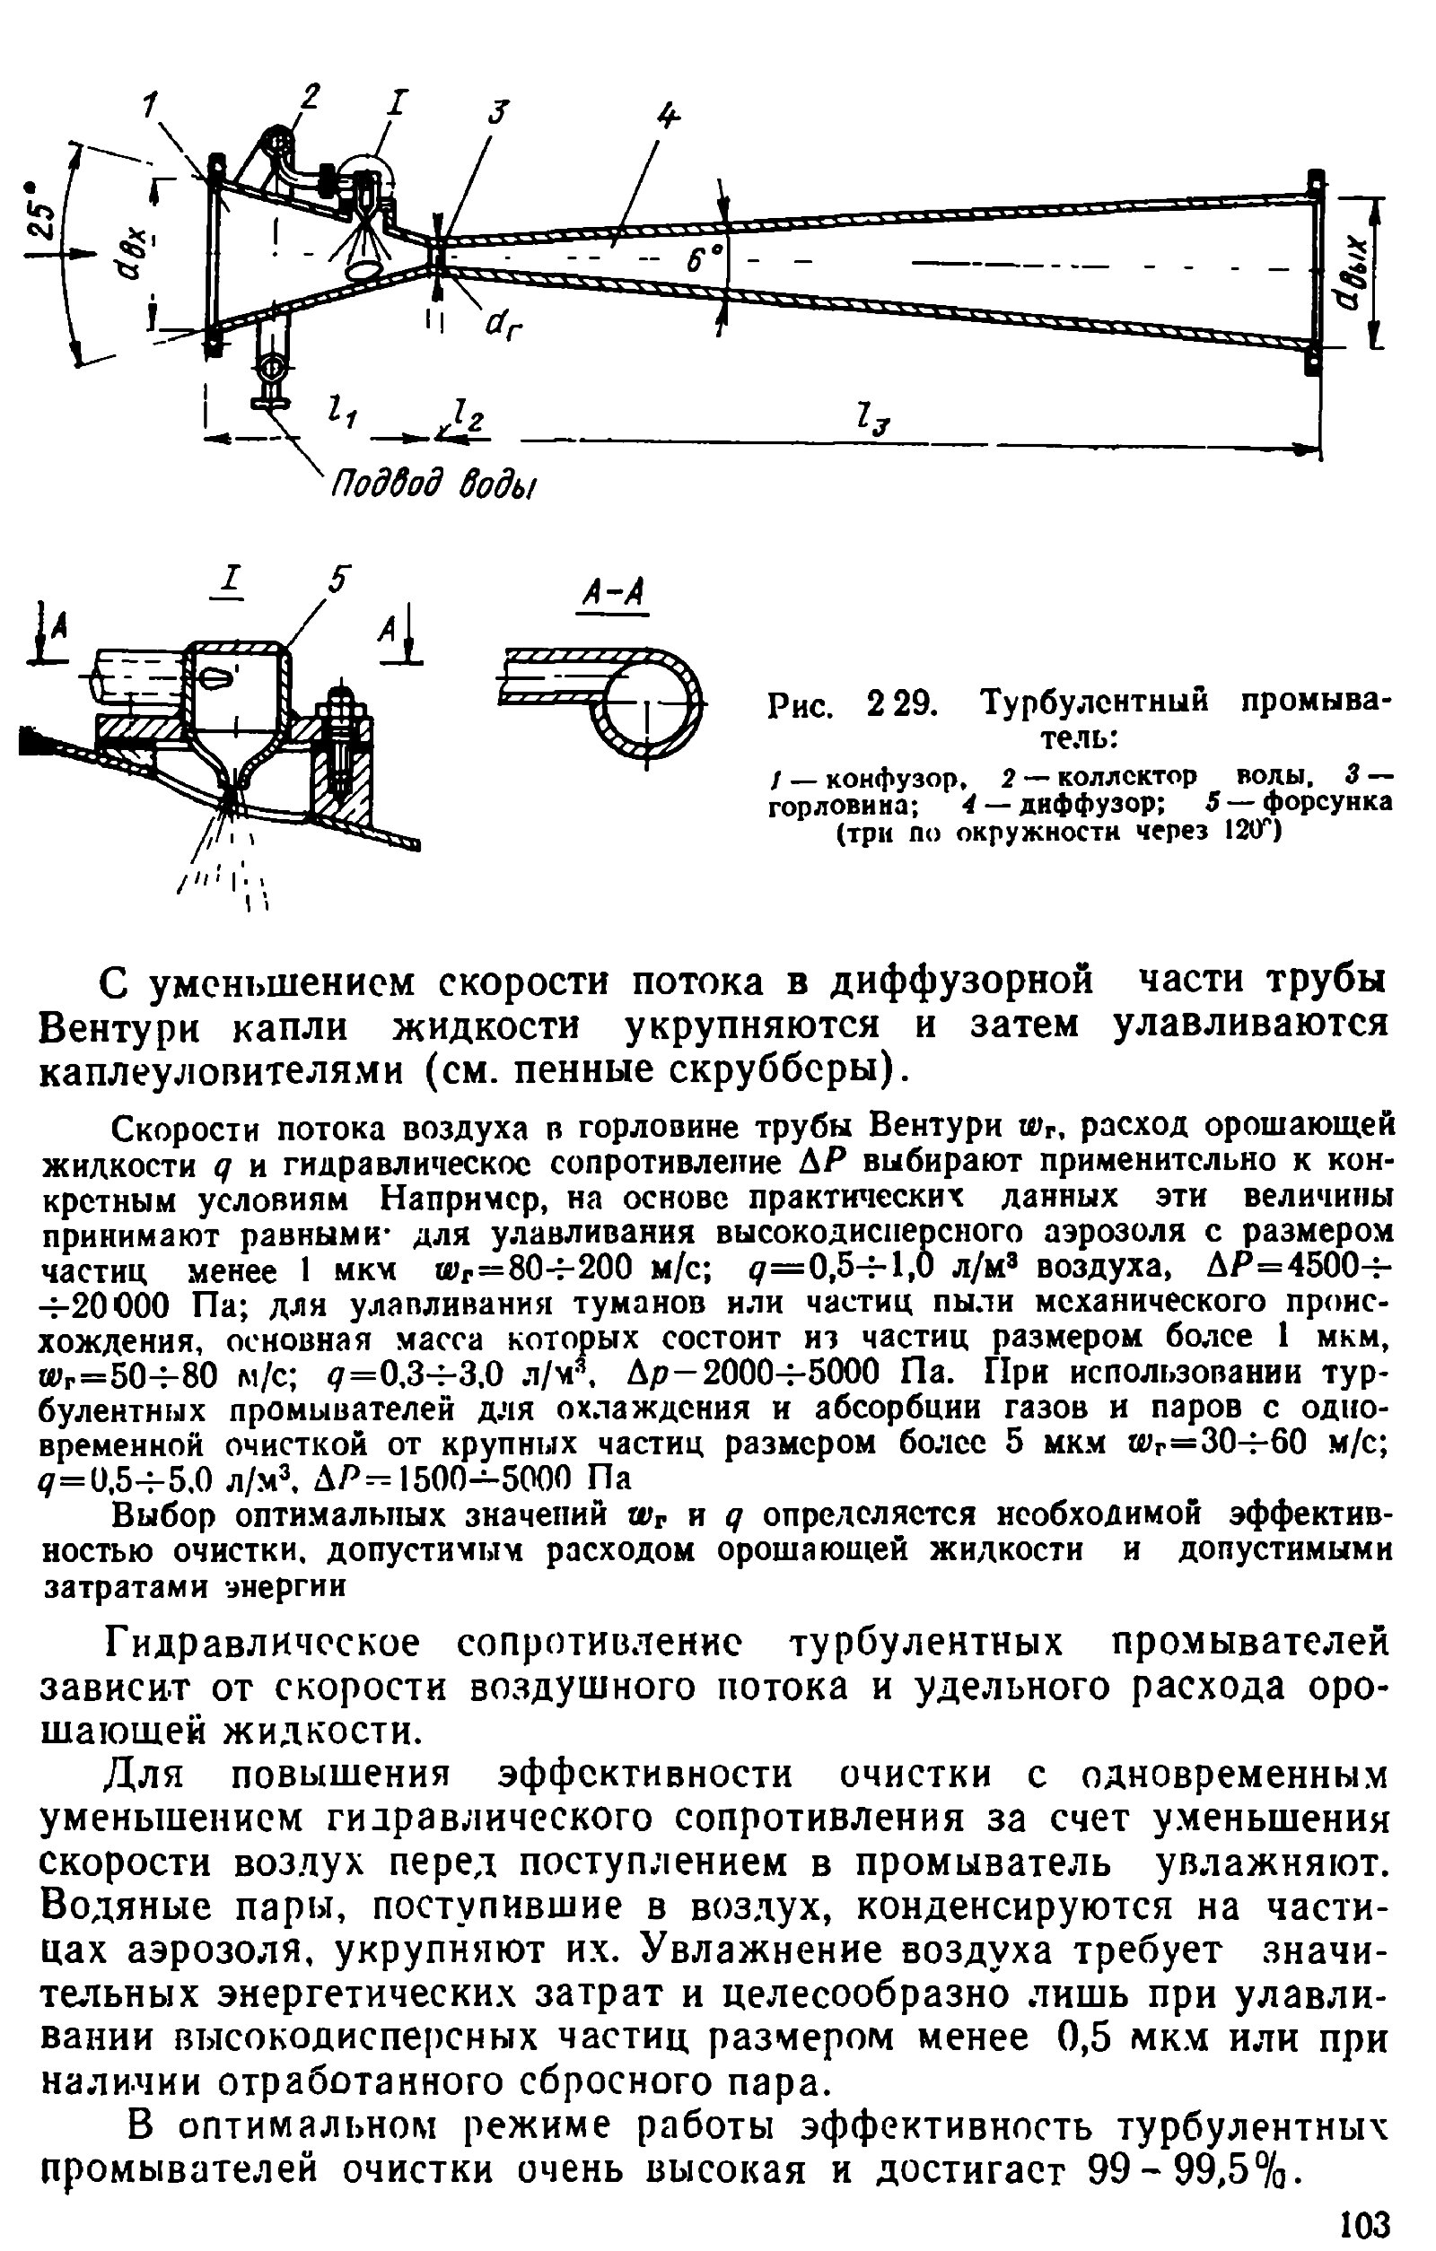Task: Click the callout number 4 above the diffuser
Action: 667,116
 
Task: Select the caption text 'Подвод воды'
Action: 434,486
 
